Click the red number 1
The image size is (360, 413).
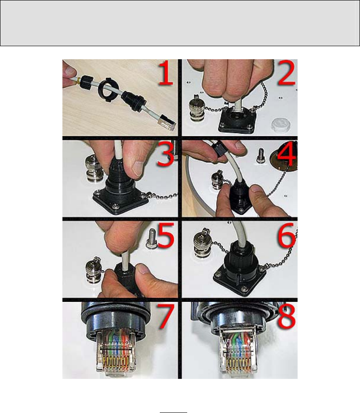[165, 73]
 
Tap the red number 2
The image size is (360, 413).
[286, 73]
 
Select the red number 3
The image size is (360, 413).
[165, 154]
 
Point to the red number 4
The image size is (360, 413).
[286, 154]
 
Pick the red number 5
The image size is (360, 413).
[166, 235]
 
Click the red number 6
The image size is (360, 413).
[286, 235]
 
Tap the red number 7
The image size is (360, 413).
[166, 317]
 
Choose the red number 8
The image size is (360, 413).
[286, 316]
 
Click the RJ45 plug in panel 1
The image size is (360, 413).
[167, 123]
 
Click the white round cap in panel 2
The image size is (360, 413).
[281, 124]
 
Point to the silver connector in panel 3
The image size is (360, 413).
[94, 169]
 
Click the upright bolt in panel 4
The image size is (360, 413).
[260, 156]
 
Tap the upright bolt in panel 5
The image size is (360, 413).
[151, 239]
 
